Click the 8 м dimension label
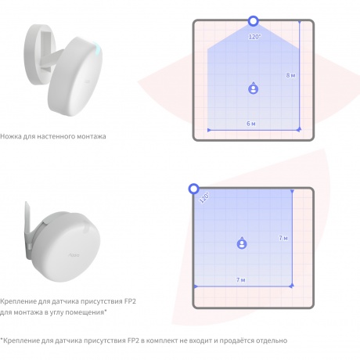[x=290, y=75]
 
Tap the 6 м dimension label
[x=251, y=124]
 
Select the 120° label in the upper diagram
[x=254, y=37]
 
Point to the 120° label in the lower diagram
[x=204, y=197]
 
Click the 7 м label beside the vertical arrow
[x=283, y=238]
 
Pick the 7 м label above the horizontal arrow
[x=241, y=279]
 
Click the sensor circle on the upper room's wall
[x=253, y=21]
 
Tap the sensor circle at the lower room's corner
[x=194, y=189]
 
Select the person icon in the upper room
[x=253, y=88]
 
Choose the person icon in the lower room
[x=242, y=243]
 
